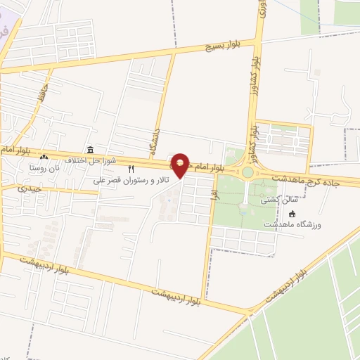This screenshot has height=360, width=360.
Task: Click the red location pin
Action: (181, 164)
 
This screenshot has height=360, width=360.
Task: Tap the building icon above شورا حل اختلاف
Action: (91, 150)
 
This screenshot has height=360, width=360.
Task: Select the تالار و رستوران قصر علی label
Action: (134, 180)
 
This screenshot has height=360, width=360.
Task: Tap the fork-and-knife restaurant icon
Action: (131, 169)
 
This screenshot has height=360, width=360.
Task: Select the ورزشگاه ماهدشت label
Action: (292, 224)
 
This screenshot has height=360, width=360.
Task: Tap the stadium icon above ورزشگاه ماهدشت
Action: (292, 214)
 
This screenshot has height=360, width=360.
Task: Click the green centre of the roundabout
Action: (247, 172)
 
